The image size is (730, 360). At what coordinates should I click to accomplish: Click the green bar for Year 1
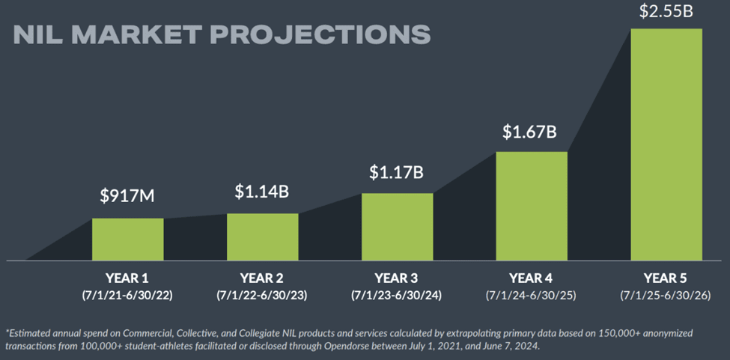click(127, 240)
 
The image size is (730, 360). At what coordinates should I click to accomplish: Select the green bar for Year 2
click(262, 237)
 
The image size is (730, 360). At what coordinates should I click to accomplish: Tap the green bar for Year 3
click(397, 227)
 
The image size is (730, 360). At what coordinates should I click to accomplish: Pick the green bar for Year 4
click(532, 206)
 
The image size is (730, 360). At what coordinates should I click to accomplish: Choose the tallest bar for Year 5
click(666, 144)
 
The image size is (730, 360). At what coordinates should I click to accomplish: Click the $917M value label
click(127, 196)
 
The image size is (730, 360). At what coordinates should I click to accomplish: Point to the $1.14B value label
click(262, 191)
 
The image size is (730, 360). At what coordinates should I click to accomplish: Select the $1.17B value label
click(397, 171)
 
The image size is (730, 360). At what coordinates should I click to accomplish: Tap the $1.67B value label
click(531, 132)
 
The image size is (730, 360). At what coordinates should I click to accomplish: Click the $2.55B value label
click(666, 11)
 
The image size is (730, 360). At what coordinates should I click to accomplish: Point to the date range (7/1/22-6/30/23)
click(262, 295)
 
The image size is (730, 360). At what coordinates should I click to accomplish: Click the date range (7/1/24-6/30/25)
click(532, 295)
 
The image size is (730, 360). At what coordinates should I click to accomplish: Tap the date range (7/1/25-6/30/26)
click(666, 295)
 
